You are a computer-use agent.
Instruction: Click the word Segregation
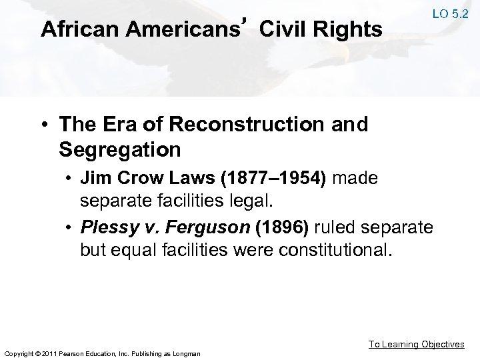tap(119, 149)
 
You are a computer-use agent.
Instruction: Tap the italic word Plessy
tap(108, 228)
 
